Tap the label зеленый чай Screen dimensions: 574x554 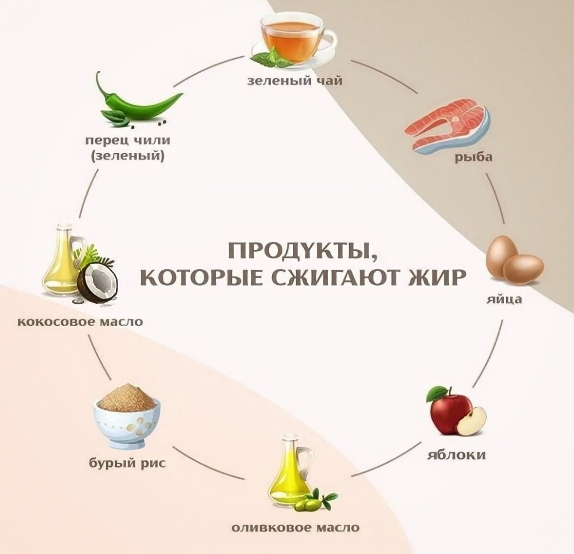coord(295,81)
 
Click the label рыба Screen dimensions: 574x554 coord(473,157)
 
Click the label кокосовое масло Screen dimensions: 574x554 coord(80,321)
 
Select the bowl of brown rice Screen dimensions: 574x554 coord(126,416)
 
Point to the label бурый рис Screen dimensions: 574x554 coord(128,462)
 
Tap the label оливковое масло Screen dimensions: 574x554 coord(295,528)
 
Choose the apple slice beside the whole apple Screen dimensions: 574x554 coord(471,421)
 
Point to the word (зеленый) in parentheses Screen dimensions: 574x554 coord(128,156)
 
